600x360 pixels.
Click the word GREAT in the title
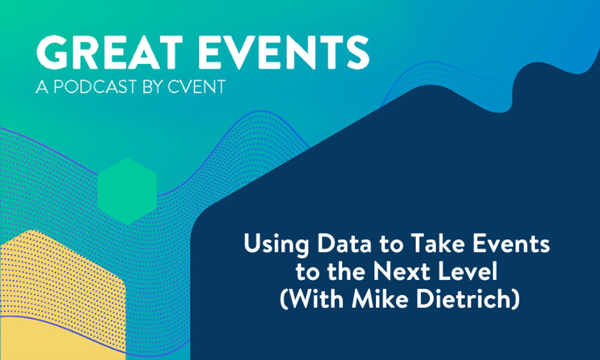109,53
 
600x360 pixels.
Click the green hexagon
127,191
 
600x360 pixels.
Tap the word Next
401,272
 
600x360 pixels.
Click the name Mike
375,300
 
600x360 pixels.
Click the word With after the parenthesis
315,300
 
